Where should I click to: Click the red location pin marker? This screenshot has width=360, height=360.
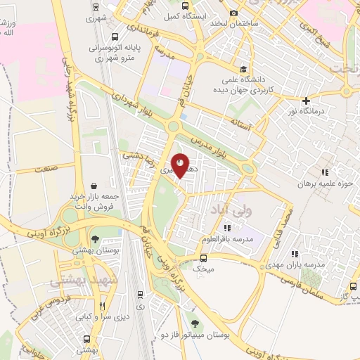(x=180, y=165)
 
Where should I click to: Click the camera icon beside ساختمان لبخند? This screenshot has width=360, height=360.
(x=234, y=13)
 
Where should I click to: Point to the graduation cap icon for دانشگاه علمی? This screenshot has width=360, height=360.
(x=243, y=69)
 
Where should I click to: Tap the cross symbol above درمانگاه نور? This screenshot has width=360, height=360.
(x=306, y=101)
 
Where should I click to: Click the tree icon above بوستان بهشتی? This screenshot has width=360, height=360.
(x=95, y=240)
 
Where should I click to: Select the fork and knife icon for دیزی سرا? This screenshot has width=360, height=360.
(x=103, y=306)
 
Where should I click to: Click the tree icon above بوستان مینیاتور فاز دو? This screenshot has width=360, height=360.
(x=195, y=324)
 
